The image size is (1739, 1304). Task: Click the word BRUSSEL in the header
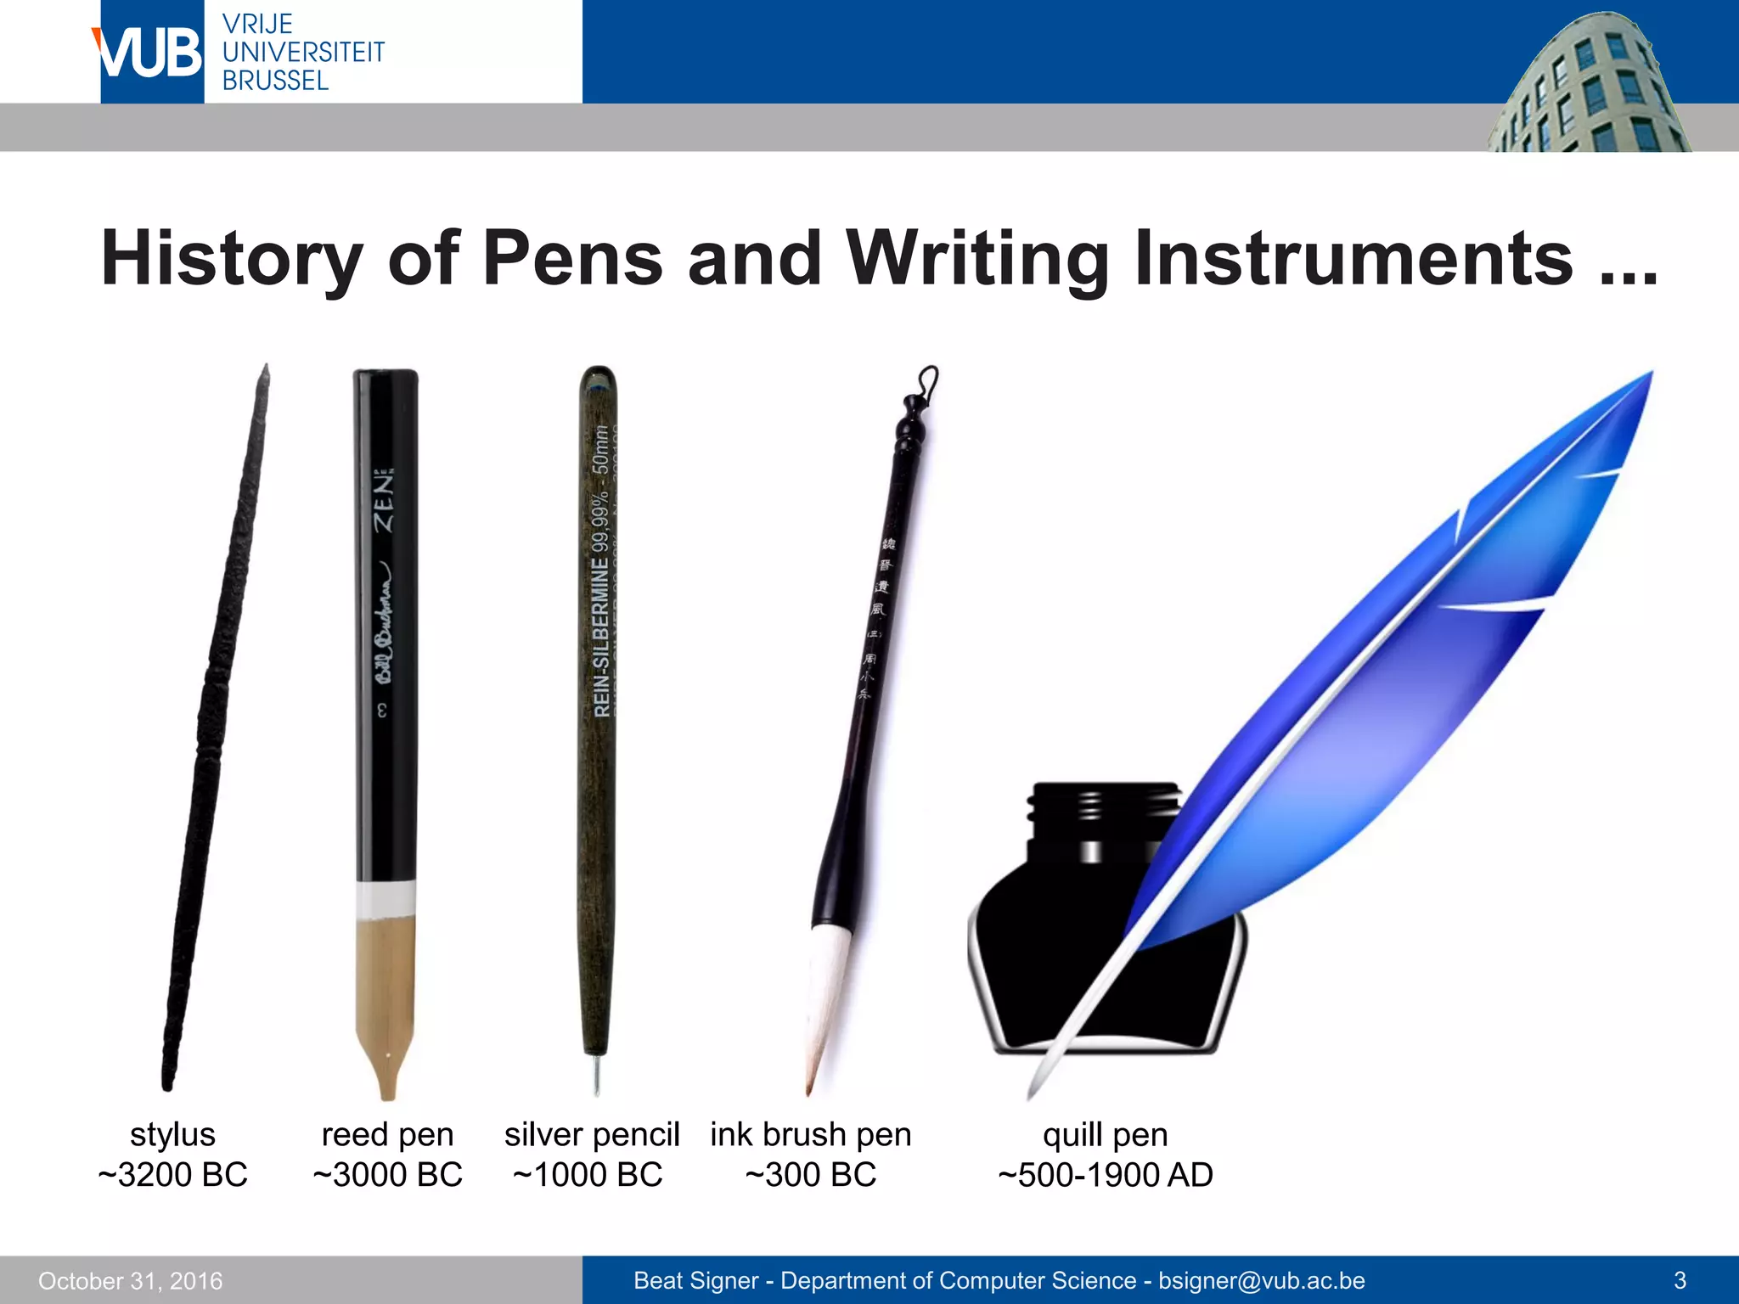click(x=275, y=81)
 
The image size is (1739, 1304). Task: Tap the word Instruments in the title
click(x=1353, y=258)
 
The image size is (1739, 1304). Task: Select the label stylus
click(x=172, y=1135)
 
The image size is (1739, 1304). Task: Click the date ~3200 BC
click(x=172, y=1175)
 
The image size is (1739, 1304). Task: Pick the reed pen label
click(x=387, y=1135)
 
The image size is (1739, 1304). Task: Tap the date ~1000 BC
click(x=588, y=1175)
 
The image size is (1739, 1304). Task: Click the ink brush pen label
click(x=811, y=1135)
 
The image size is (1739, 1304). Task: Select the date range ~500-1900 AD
click(x=1106, y=1175)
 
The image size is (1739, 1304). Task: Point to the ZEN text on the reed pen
click(x=386, y=501)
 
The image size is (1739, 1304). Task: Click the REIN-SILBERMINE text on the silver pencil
click(x=601, y=637)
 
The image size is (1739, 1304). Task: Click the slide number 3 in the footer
click(x=1680, y=1280)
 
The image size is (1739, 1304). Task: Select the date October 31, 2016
click(x=131, y=1281)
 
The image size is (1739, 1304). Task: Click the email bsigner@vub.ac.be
click(x=1262, y=1280)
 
